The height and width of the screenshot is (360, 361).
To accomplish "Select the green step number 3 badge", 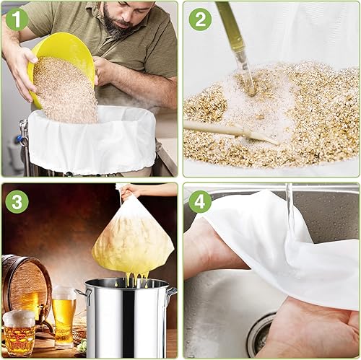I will click(17, 201).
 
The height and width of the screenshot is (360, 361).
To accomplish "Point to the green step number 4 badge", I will click(200, 201).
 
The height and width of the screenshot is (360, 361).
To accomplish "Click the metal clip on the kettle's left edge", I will click(25, 133).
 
